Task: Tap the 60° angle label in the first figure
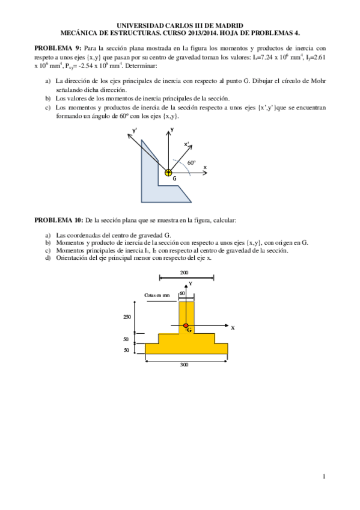click(191, 162)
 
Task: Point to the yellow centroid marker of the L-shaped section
click(168, 173)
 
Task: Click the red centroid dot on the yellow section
click(186, 326)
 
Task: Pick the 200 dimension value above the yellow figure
click(183, 272)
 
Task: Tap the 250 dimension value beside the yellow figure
click(127, 317)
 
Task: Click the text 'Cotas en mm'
click(157, 295)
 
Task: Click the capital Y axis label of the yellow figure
click(190, 283)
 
